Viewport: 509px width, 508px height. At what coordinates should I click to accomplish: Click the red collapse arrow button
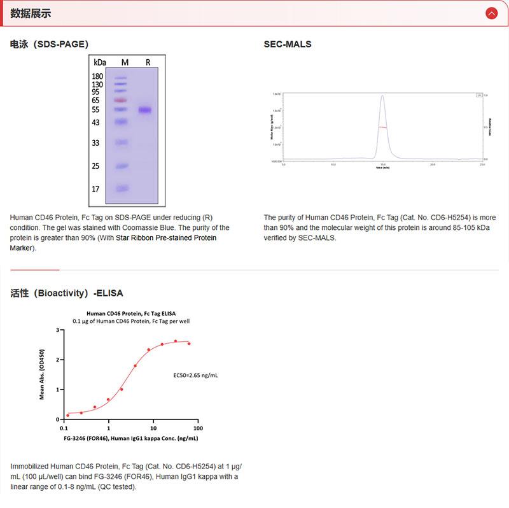491,13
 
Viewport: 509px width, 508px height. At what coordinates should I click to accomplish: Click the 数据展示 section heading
31,13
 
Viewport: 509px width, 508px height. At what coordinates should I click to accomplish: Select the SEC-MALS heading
288,45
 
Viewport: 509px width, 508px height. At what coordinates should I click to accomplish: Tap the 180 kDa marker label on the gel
97,76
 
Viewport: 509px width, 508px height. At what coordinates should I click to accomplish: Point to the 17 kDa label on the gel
95,189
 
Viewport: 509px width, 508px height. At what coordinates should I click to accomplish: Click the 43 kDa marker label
95,122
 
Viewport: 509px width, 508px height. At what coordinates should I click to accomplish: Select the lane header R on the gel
148,62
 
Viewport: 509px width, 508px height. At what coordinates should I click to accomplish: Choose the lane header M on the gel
125,62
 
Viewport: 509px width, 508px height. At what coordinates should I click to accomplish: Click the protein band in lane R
146,110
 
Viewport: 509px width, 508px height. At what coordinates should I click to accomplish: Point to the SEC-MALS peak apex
382,96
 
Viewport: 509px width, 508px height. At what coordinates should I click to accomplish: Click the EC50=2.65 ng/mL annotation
195,376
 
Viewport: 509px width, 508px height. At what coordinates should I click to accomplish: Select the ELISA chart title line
131,313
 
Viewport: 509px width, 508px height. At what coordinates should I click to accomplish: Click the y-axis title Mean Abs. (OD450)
42,374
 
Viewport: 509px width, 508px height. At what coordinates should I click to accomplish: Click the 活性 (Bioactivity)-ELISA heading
67,293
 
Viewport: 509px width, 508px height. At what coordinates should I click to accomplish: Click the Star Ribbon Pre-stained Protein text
166,238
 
